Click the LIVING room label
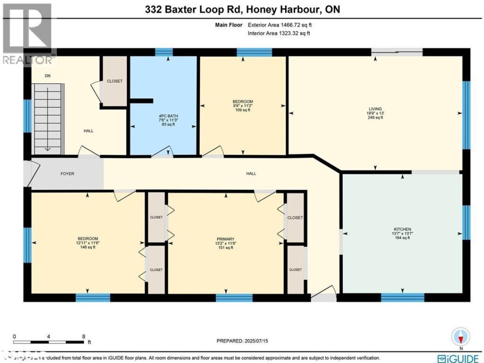375,109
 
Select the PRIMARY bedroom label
225,239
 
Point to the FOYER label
67,173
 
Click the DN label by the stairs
48,76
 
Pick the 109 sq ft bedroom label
242,110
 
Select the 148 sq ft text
88,247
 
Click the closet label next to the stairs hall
114,81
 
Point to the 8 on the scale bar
83,336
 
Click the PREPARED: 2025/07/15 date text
242,341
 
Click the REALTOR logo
27,34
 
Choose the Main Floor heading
228,26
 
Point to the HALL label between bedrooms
251,173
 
